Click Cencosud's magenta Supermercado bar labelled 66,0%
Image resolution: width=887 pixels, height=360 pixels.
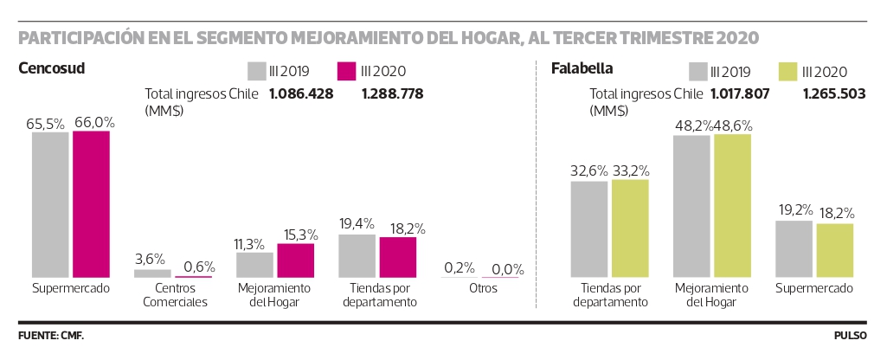click(91, 203)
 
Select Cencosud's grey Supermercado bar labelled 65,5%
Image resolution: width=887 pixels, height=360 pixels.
click(50, 204)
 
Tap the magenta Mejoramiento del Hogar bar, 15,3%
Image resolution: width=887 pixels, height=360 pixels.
click(295, 260)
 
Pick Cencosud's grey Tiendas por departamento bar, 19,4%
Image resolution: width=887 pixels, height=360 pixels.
click(357, 256)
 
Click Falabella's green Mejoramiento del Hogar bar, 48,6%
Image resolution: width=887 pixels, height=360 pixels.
click(733, 206)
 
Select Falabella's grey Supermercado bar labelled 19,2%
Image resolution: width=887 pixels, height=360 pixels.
click(794, 249)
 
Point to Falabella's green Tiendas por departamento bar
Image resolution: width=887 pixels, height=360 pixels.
click(630, 228)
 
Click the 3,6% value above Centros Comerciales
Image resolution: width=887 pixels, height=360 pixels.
click(150, 260)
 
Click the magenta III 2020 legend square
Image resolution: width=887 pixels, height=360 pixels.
click(345, 71)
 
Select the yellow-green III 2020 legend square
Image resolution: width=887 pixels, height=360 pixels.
click(787, 71)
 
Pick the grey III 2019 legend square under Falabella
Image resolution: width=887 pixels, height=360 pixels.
click(698, 71)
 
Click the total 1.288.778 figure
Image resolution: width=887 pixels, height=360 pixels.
click(392, 94)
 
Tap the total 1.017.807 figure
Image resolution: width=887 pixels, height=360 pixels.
click(740, 94)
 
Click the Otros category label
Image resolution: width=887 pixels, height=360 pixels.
click(483, 288)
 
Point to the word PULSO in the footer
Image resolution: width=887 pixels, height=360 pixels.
click(851, 336)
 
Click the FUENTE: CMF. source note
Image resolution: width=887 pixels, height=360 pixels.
click(51, 336)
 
